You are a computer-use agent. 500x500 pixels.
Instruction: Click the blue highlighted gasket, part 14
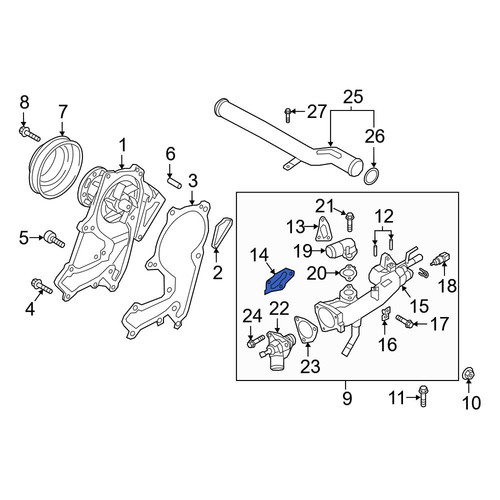pyautogui.click(x=279, y=282)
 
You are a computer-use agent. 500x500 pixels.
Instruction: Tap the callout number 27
pyautogui.click(x=316, y=111)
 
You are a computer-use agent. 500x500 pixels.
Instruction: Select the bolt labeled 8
pyautogui.click(x=29, y=133)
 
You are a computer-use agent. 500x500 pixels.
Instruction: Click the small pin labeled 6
pyautogui.click(x=174, y=181)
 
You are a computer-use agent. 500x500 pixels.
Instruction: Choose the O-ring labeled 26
pyautogui.click(x=372, y=177)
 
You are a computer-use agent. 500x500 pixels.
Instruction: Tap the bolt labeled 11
pyautogui.click(x=423, y=396)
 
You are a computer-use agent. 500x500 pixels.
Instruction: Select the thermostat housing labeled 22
pyautogui.click(x=277, y=349)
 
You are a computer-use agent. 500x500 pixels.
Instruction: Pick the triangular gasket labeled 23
pyautogui.click(x=305, y=330)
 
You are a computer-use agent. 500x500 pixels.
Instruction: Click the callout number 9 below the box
pyautogui.click(x=347, y=398)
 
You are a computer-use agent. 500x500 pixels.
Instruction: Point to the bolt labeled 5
pyautogui.click(x=54, y=239)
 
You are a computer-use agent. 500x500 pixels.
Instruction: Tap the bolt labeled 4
pyautogui.click(x=42, y=287)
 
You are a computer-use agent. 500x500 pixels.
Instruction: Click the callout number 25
pyautogui.click(x=352, y=97)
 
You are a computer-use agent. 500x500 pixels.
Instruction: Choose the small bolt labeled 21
pyautogui.click(x=350, y=221)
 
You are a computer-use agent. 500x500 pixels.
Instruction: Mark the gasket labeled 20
pyautogui.click(x=348, y=273)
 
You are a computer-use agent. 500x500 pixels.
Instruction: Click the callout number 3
pyautogui.click(x=193, y=181)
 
